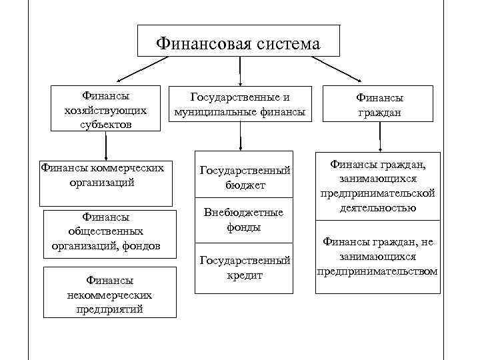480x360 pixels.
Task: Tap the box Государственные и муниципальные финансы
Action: coord(240,103)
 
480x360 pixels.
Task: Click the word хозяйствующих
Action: coord(109,109)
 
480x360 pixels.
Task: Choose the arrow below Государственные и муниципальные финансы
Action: coord(240,137)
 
